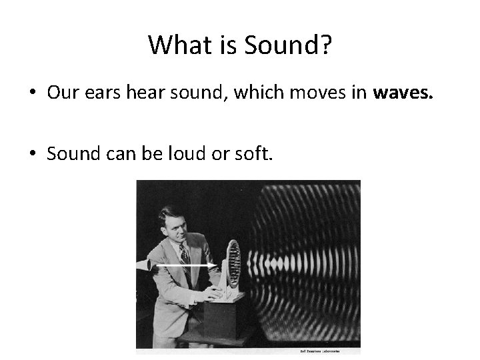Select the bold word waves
coord(403,94)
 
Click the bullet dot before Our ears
coord(33,95)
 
